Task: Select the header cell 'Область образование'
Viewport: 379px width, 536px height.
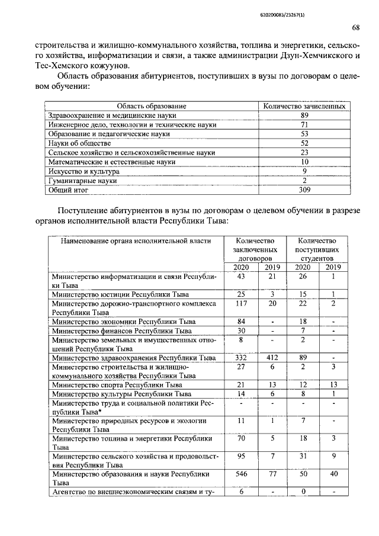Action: pos(152,105)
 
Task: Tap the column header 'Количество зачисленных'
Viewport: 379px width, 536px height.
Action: pos(304,105)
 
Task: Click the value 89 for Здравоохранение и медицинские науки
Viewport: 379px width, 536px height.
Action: pos(304,115)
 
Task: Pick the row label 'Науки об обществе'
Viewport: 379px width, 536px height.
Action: pos(79,143)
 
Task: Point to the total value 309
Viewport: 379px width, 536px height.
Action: pos(304,190)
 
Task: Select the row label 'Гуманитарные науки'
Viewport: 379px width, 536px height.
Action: pos(82,181)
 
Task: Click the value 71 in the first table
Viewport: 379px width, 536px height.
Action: pos(304,124)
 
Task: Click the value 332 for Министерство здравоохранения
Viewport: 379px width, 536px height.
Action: pos(241,358)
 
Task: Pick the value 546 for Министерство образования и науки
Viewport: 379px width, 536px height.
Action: pos(241,474)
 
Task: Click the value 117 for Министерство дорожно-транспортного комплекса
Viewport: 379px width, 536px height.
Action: pos(241,303)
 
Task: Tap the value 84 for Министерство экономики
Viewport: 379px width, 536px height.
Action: pos(241,321)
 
